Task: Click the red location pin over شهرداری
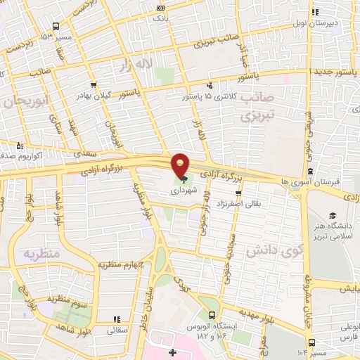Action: [181, 166]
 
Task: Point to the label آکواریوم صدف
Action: [15, 151]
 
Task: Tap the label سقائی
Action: [117, 329]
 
